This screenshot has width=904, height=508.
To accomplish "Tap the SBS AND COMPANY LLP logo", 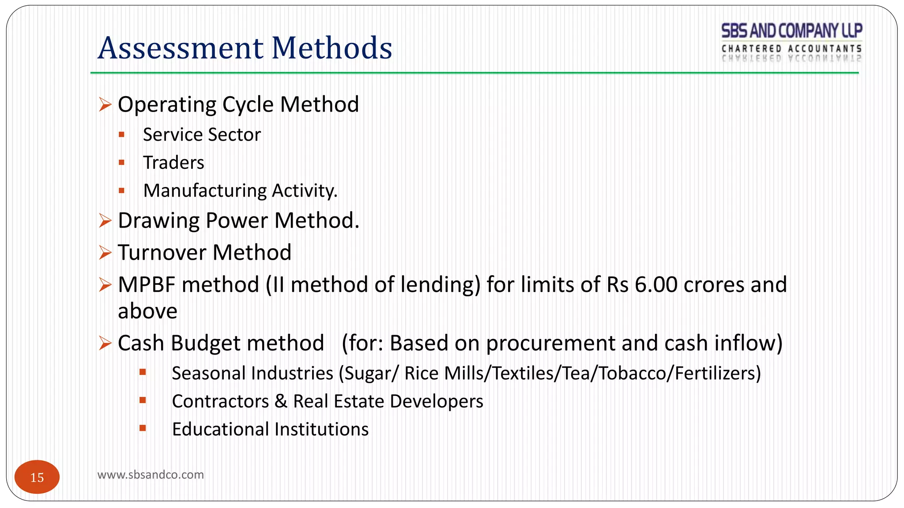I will (x=791, y=42).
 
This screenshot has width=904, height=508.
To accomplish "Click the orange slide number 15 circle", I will (x=37, y=477).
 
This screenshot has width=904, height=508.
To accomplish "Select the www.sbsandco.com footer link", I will (x=151, y=475).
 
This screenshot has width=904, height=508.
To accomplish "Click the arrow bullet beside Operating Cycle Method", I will (x=105, y=105).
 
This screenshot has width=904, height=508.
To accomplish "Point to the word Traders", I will (x=173, y=163).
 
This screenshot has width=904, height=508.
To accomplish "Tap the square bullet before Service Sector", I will (x=122, y=134).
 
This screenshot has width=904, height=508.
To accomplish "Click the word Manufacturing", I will (x=205, y=191).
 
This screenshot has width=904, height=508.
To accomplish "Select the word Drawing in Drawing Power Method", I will (x=158, y=220).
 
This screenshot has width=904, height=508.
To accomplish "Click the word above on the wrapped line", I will (x=147, y=311).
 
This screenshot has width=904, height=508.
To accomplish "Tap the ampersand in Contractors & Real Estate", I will (x=281, y=401).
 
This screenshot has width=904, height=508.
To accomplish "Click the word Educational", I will (x=219, y=429).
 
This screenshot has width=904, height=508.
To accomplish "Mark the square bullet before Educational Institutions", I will (x=143, y=428).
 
